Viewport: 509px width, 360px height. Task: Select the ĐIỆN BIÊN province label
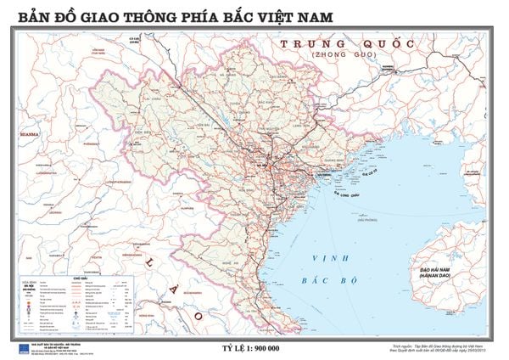coord(171,132)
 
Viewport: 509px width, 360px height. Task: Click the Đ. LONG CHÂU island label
coord(345,194)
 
